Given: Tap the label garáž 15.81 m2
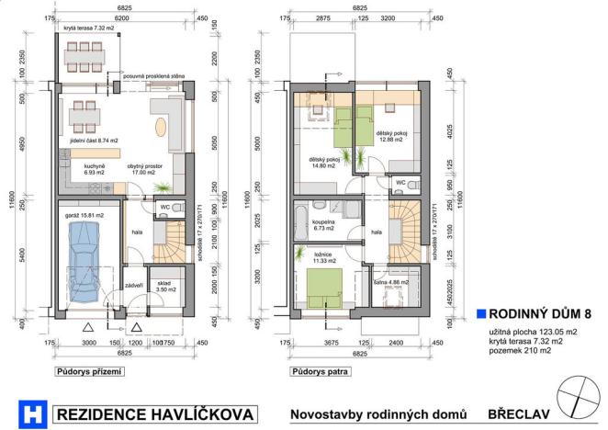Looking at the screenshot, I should pos(84,214).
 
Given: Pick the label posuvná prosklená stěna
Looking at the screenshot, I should pos(155,77).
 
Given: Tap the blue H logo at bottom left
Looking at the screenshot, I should pos(33,413).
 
